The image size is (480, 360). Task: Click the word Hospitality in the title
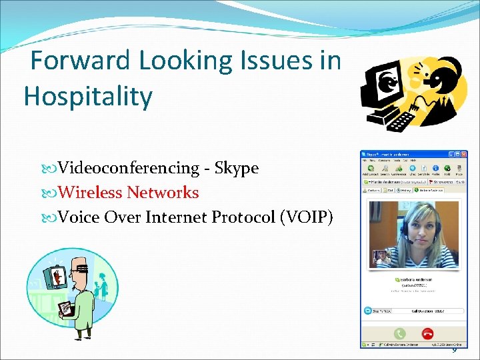[88, 97]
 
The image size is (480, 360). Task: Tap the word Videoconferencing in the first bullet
[129, 168]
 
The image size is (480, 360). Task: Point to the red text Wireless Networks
[128, 193]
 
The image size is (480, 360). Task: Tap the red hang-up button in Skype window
[427, 333]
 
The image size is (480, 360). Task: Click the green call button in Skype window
[399, 333]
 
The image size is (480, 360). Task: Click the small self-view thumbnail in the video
[381, 257]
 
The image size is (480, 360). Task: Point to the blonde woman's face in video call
[417, 230]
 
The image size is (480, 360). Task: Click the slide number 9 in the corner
[455, 350]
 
